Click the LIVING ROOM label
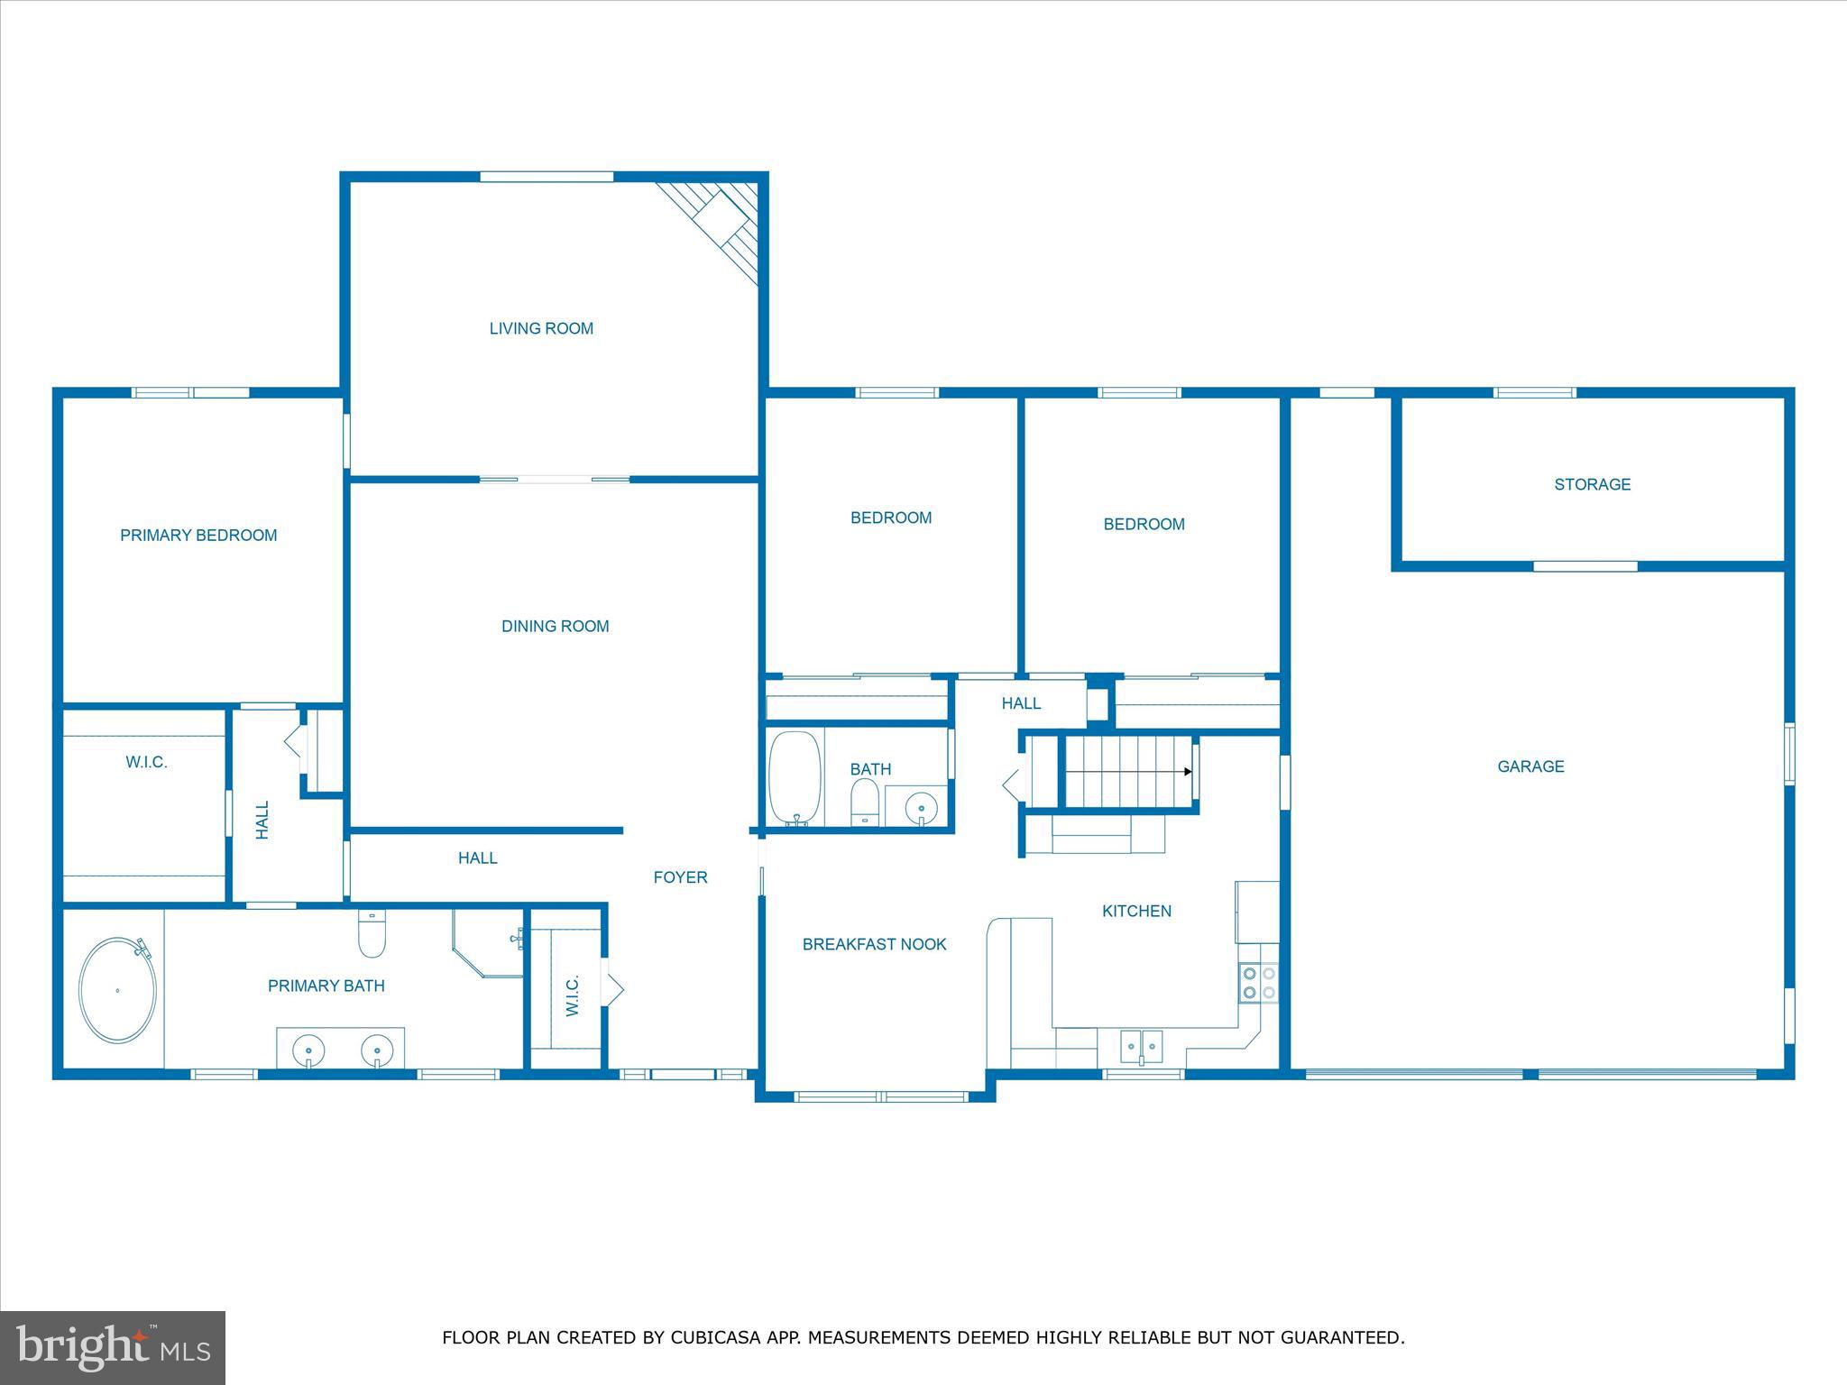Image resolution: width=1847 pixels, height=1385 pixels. point(541,329)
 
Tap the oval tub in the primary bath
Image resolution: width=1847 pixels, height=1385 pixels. point(117,990)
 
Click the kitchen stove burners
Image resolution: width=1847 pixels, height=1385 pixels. point(1258,983)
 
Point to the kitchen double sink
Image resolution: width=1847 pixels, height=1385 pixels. point(1142,1047)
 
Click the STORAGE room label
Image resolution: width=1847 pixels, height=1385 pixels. point(1592,485)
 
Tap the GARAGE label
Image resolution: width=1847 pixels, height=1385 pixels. point(1530,766)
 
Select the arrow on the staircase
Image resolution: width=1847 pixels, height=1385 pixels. point(1187,772)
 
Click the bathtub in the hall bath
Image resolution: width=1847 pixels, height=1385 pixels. point(795,778)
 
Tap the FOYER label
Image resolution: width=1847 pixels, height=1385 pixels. point(680,877)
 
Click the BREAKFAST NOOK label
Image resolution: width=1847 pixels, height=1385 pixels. point(874,945)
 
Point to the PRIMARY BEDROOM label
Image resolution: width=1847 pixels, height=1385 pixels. point(198,536)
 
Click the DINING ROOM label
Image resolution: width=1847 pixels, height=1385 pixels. point(555,627)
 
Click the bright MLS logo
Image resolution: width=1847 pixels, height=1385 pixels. point(113,1347)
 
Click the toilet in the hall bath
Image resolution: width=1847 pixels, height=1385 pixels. point(865,803)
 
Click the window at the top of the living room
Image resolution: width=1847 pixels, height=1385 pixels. point(547,177)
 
